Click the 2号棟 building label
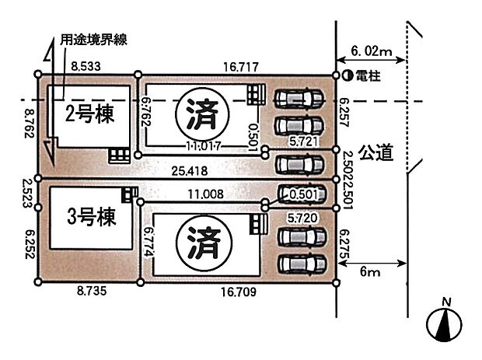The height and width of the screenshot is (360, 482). coord(89,115)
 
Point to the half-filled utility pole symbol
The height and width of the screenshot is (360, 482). coord(348,75)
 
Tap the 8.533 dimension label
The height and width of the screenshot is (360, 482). coord(86,67)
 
